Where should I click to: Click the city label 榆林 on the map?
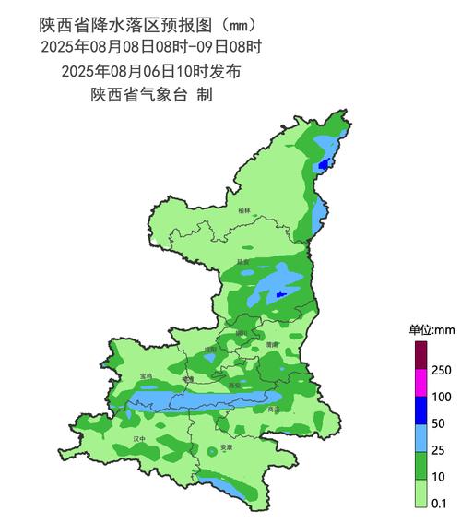[x=243, y=211]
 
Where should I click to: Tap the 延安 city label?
[x=243, y=262]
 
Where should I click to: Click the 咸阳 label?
[x=210, y=351]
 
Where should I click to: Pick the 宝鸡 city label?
[x=146, y=376]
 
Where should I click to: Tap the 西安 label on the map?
[x=234, y=385]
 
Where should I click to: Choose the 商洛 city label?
[x=273, y=410]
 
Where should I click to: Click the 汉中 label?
[x=139, y=439]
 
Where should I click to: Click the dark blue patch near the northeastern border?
[x=323, y=165]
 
